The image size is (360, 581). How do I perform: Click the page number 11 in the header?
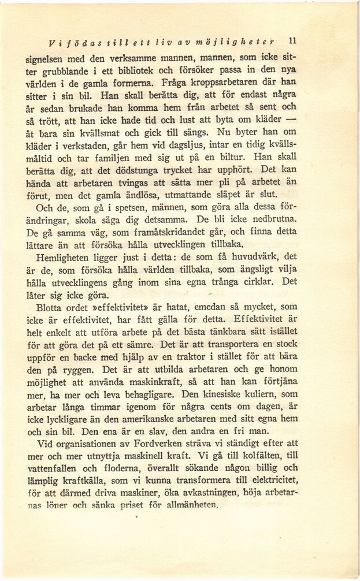coord(292,41)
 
